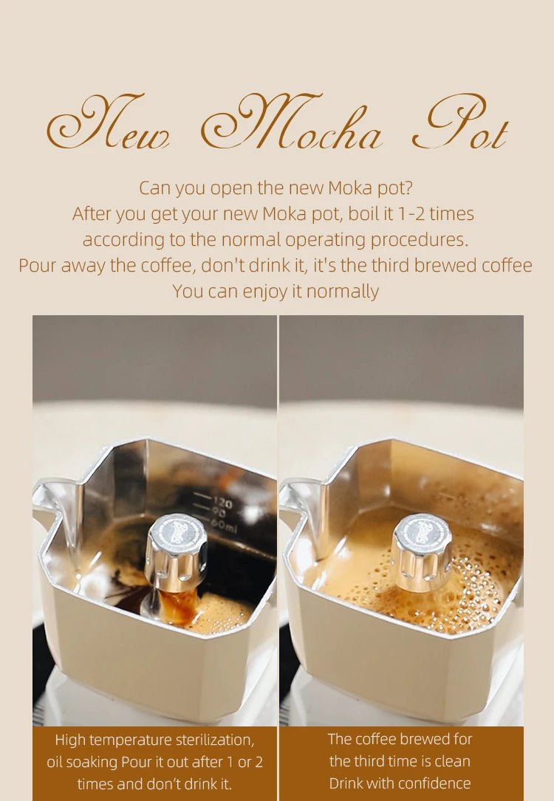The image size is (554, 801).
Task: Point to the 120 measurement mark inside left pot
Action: coord(222,503)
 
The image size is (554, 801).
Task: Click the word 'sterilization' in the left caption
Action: coord(216,740)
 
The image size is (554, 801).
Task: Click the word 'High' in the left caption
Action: coord(70,740)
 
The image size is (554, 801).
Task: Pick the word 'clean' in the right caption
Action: coord(452,761)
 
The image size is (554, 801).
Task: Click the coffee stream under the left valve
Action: coord(181,604)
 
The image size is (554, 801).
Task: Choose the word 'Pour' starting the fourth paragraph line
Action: coord(38,266)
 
